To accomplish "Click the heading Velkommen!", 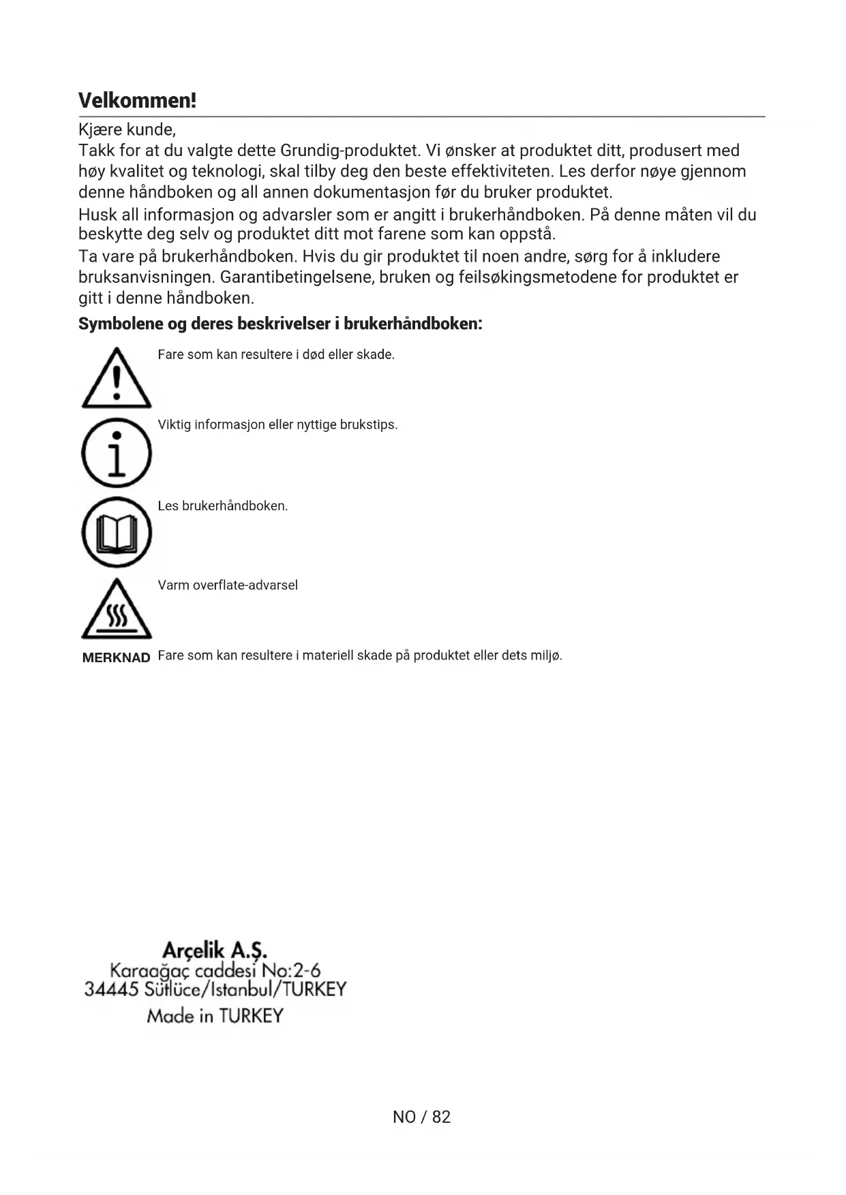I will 137,101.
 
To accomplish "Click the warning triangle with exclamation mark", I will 116,379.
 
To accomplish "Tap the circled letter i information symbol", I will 116,453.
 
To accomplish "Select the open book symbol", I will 116,533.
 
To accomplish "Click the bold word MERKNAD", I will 116,658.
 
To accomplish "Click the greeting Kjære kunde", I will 127,129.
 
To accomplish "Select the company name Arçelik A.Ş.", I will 215,950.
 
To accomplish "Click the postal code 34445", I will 111,989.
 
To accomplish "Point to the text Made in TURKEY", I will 215,1016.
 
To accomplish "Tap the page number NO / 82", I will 421,1117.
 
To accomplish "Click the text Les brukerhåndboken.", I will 223,506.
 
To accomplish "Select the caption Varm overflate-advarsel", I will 228,585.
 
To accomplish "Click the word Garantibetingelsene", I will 297,277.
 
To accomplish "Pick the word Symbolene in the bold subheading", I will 120,324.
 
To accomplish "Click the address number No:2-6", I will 291,969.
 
